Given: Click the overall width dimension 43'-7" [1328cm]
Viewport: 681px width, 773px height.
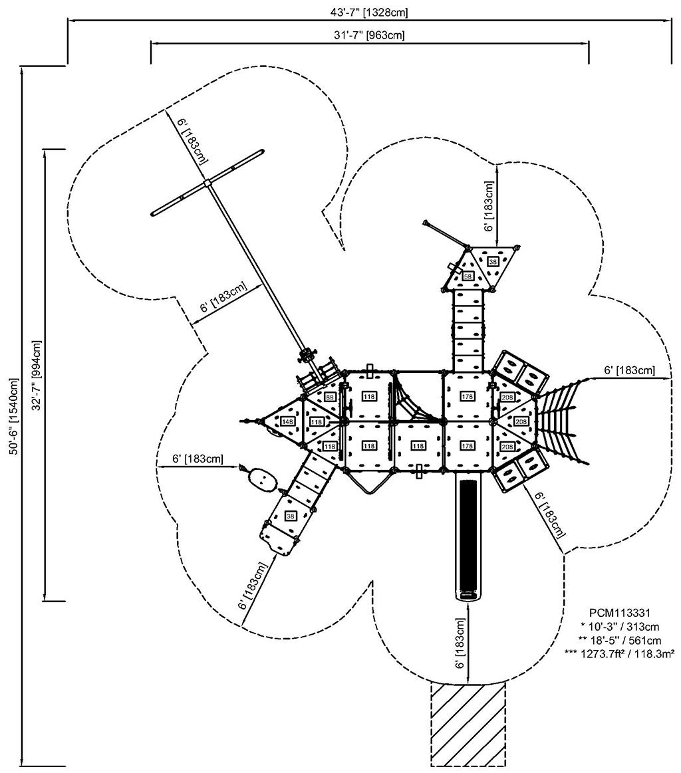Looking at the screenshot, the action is point(369,13).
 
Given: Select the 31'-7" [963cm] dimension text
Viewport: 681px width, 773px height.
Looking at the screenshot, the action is point(369,35).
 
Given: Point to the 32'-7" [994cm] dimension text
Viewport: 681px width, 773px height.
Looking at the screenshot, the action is point(36,375).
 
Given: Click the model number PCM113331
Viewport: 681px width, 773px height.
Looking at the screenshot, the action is point(620,613).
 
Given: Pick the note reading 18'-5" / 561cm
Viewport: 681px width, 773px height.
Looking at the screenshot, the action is point(620,640).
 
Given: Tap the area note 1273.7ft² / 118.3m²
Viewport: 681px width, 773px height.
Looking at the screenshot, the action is point(619,654).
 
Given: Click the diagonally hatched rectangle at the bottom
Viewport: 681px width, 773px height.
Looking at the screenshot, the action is point(468,724).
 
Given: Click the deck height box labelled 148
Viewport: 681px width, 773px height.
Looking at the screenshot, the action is point(288,421).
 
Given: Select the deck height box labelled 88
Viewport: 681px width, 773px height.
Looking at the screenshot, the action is point(329,397).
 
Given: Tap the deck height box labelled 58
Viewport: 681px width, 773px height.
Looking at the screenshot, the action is point(468,276).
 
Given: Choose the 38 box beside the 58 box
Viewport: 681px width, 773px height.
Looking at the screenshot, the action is point(493,261).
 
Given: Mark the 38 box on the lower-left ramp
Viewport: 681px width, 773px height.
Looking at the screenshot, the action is point(291,516).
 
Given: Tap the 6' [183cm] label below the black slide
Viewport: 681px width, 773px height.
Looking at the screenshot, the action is point(461,643).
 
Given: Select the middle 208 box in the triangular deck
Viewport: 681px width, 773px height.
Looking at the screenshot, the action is point(521,421).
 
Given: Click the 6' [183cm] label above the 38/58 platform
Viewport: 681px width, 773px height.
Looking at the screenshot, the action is point(488,206).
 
